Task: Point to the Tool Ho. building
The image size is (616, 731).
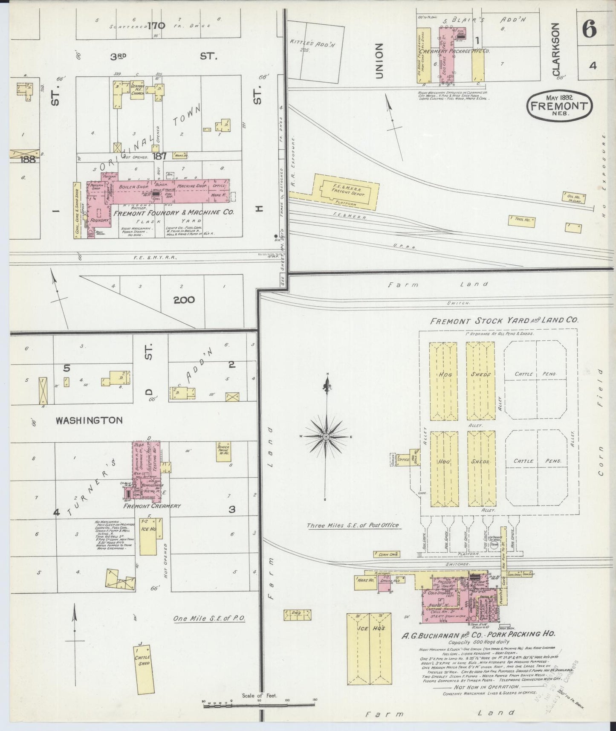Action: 521,220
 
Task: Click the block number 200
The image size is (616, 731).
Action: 184,300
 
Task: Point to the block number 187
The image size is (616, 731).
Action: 160,156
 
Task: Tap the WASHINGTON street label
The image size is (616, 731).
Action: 89,421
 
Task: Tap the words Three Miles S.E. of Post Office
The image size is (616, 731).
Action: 353,525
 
